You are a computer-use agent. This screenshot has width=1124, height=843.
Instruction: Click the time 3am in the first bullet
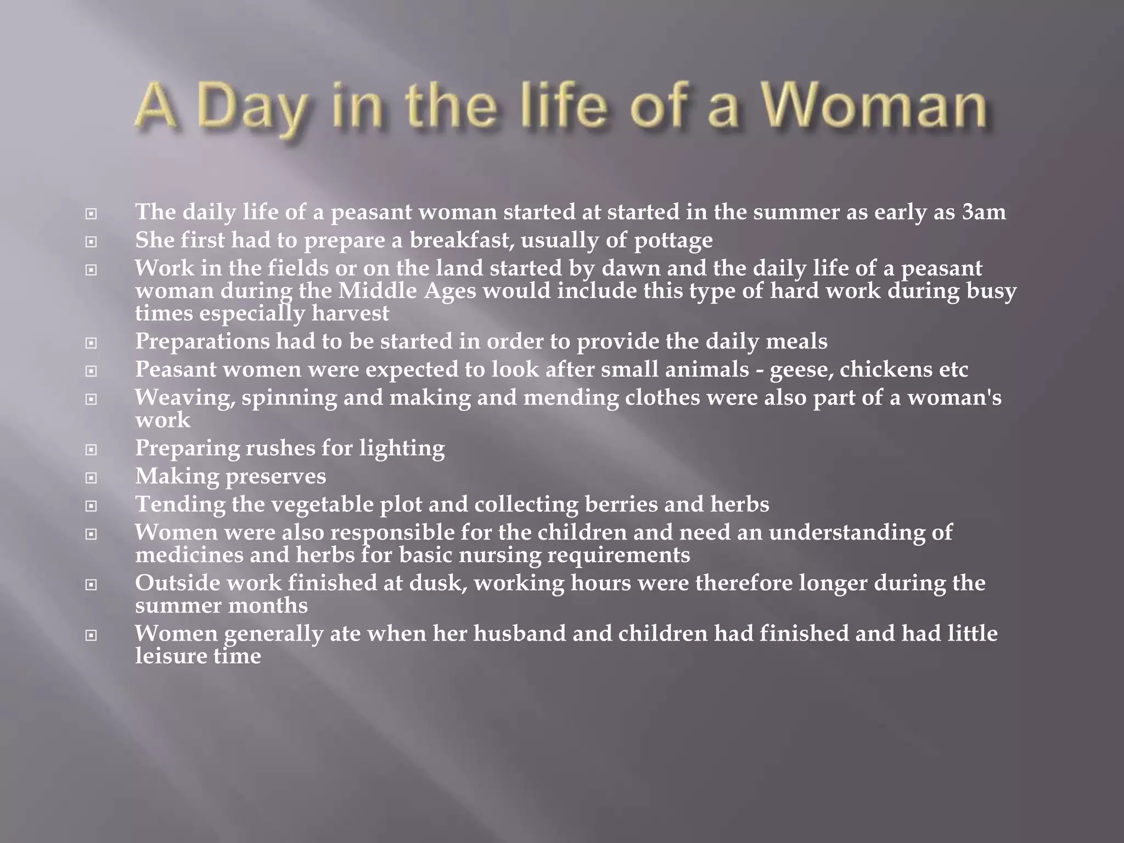(984, 212)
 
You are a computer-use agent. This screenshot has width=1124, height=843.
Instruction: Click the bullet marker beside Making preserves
(91, 477)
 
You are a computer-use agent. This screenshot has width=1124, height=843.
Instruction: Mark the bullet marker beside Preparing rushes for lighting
(91, 449)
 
